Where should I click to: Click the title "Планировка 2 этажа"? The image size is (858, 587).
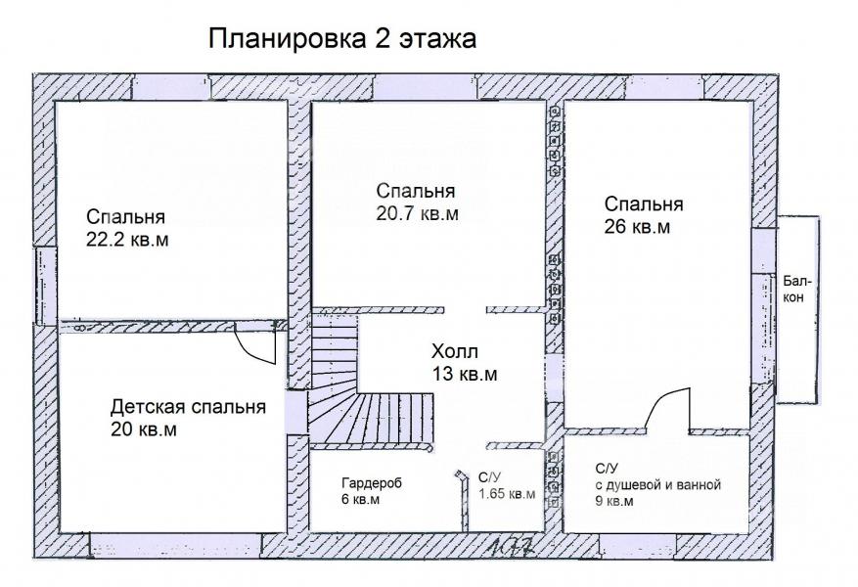coord(342,39)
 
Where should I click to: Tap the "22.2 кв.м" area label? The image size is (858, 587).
coord(127,240)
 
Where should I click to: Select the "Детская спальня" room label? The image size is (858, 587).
coord(188,407)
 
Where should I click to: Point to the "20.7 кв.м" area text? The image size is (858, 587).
coord(417,213)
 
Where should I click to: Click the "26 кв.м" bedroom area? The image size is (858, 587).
coord(637,227)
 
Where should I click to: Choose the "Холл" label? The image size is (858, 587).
coord(455,350)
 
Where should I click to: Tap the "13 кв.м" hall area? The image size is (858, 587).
coord(465,374)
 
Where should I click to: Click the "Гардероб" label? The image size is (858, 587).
coord(372,483)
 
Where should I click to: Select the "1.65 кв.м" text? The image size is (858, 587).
coord(507,493)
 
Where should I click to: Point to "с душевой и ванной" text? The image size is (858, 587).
coord(658,484)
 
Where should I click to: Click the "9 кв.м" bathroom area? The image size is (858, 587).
coord(614,501)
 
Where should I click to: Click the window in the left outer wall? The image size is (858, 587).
coord(46,285)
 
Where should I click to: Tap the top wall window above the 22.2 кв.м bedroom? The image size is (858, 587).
coord(171,87)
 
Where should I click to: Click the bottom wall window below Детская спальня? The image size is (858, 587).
coord(176,547)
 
